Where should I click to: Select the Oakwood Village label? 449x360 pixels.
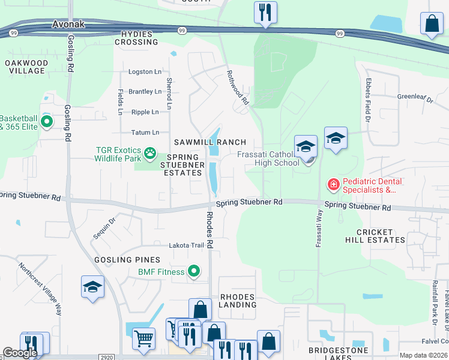[x=26, y=67]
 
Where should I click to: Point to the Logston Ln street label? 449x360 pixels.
[x=145, y=72]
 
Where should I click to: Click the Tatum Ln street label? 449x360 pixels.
[x=145, y=133]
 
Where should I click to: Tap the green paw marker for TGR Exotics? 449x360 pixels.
[x=149, y=155]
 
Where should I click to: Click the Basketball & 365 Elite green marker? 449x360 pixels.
[x=46, y=122]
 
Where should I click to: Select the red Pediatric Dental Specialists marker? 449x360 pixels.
[x=332, y=183]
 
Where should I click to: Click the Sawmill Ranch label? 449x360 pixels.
[x=210, y=142]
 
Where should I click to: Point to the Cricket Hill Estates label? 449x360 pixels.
[x=375, y=236]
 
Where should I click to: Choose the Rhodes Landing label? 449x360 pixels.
[x=238, y=301]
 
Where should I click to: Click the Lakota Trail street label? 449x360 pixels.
[x=186, y=245]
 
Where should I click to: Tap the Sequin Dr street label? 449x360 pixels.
[x=103, y=228]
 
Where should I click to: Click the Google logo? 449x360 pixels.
[x=20, y=353]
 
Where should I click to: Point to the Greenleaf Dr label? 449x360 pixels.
[x=415, y=97]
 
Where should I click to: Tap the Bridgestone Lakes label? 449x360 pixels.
[x=334, y=353]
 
